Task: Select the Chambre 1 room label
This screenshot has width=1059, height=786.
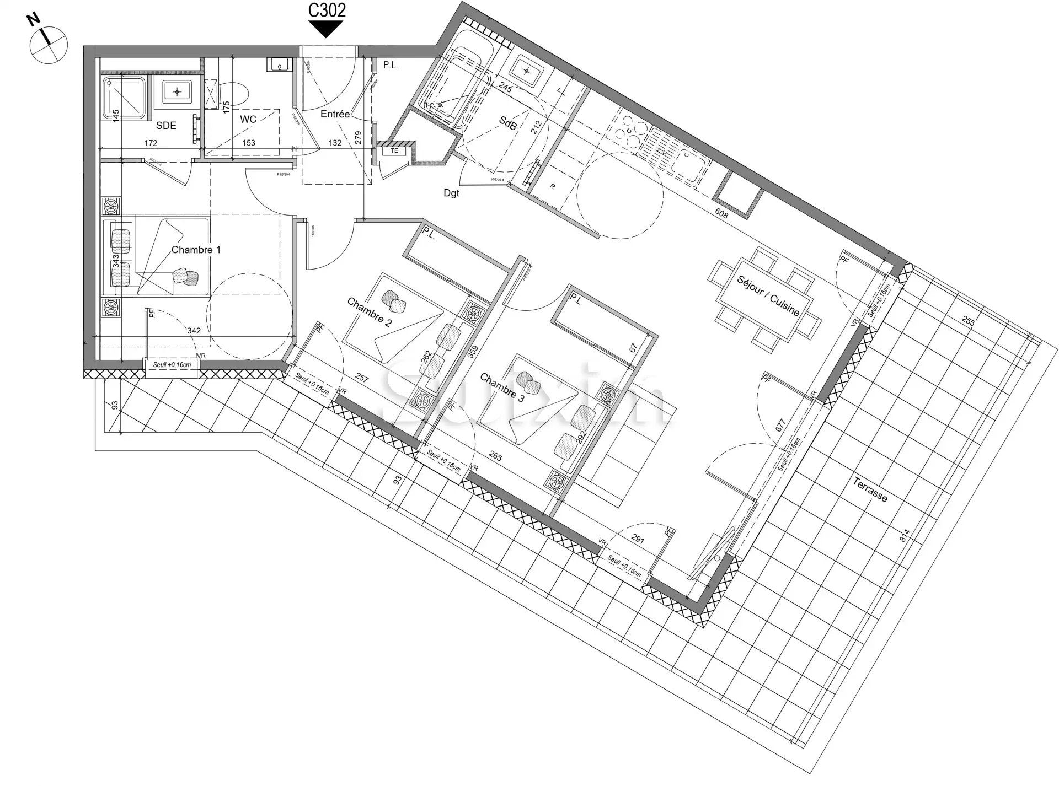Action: pyautogui.click(x=196, y=250)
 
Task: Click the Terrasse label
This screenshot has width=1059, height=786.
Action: pyautogui.click(x=870, y=489)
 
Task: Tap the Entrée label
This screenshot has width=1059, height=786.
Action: pyautogui.click(x=335, y=114)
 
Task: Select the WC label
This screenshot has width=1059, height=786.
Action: pyautogui.click(x=248, y=120)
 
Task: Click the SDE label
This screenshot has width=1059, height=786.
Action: pyautogui.click(x=166, y=126)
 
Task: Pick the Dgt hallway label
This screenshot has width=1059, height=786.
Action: pyautogui.click(x=451, y=193)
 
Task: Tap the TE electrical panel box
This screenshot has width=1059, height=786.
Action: pyautogui.click(x=394, y=150)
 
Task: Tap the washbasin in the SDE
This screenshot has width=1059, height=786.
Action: pyautogui.click(x=176, y=90)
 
